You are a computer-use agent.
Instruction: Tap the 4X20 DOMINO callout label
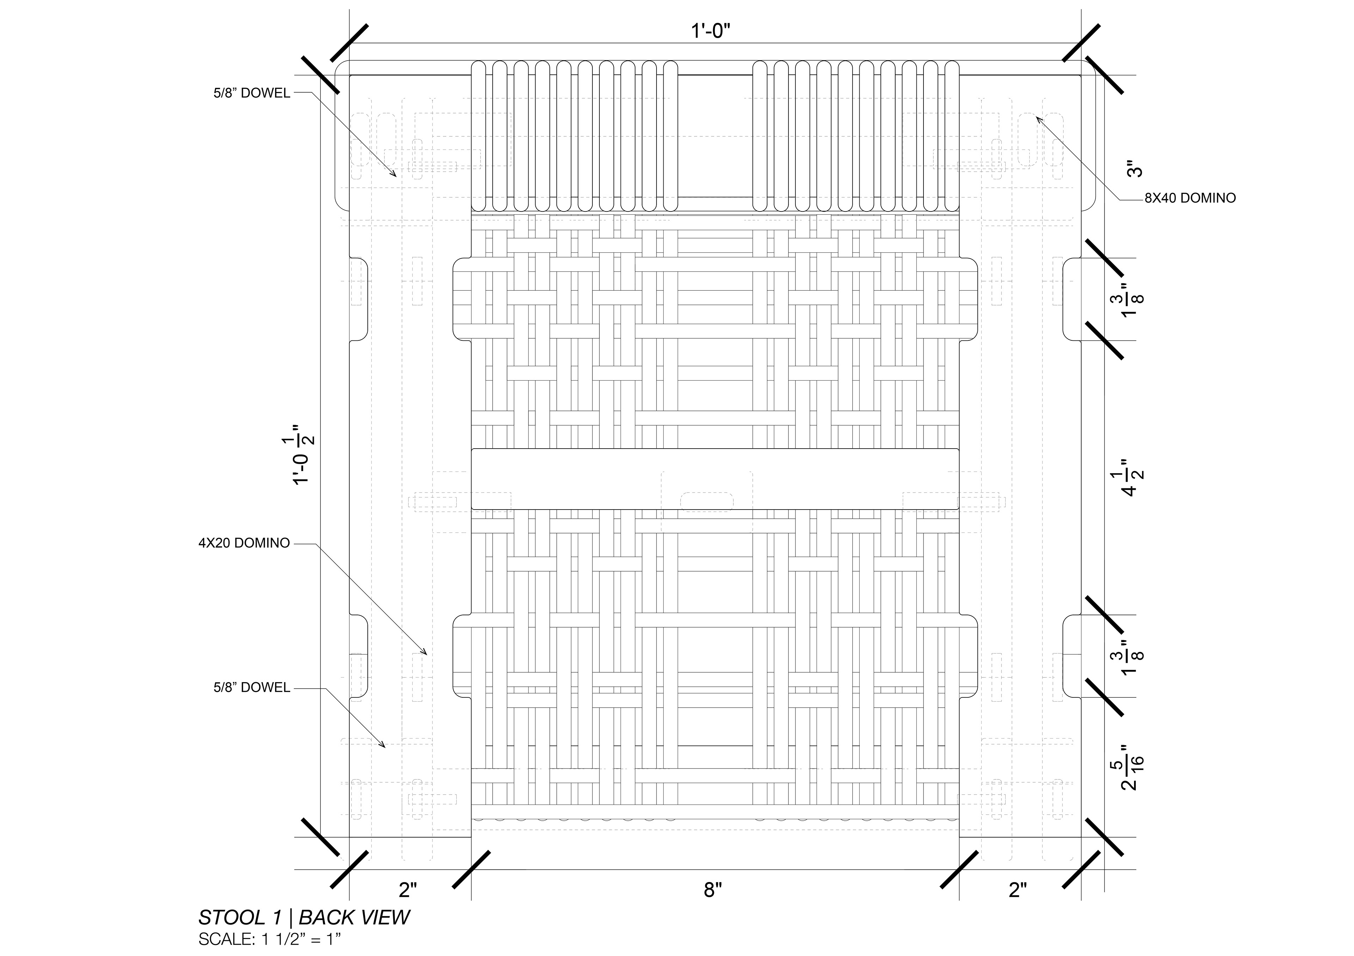tap(244, 543)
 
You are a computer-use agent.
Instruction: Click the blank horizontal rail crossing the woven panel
tap(715, 479)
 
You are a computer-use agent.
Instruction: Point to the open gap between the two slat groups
tap(715, 136)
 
